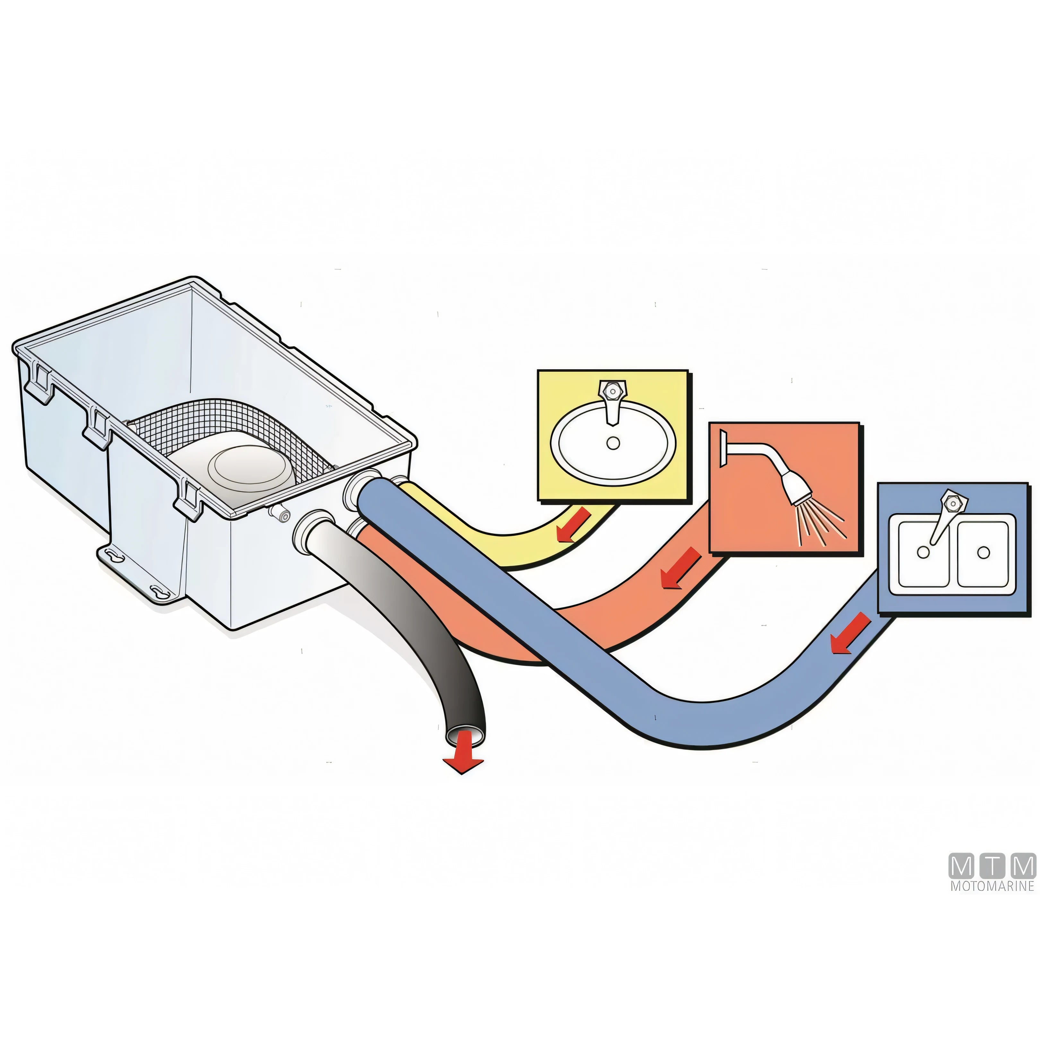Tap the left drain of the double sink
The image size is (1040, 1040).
click(x=923, y=552)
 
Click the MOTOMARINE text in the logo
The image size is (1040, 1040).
click(x=992, y=901)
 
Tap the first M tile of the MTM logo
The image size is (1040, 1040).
click(x=962, y=881)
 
